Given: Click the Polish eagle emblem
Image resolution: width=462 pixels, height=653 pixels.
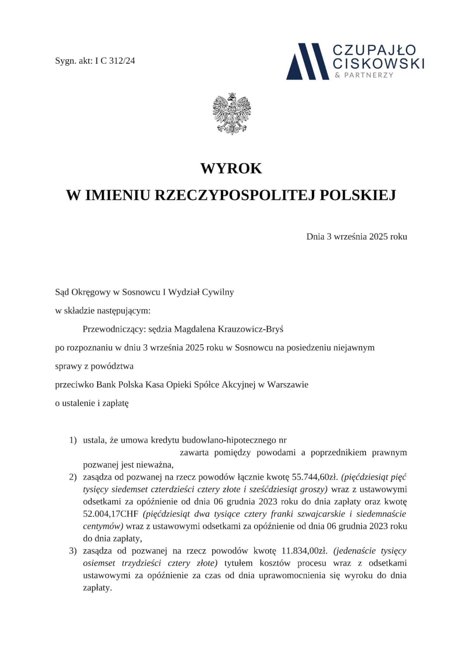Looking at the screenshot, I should [231, 114].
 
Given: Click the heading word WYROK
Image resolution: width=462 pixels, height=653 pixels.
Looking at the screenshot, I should [231, 169].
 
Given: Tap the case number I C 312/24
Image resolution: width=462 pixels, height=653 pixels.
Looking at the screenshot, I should [115, 61].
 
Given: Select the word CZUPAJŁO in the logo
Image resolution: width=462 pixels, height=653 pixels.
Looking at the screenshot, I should [374, 50].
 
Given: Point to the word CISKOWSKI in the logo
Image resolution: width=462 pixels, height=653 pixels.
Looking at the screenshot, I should [378, 64].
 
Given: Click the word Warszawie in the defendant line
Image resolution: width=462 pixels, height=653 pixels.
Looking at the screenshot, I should [288, 385].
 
